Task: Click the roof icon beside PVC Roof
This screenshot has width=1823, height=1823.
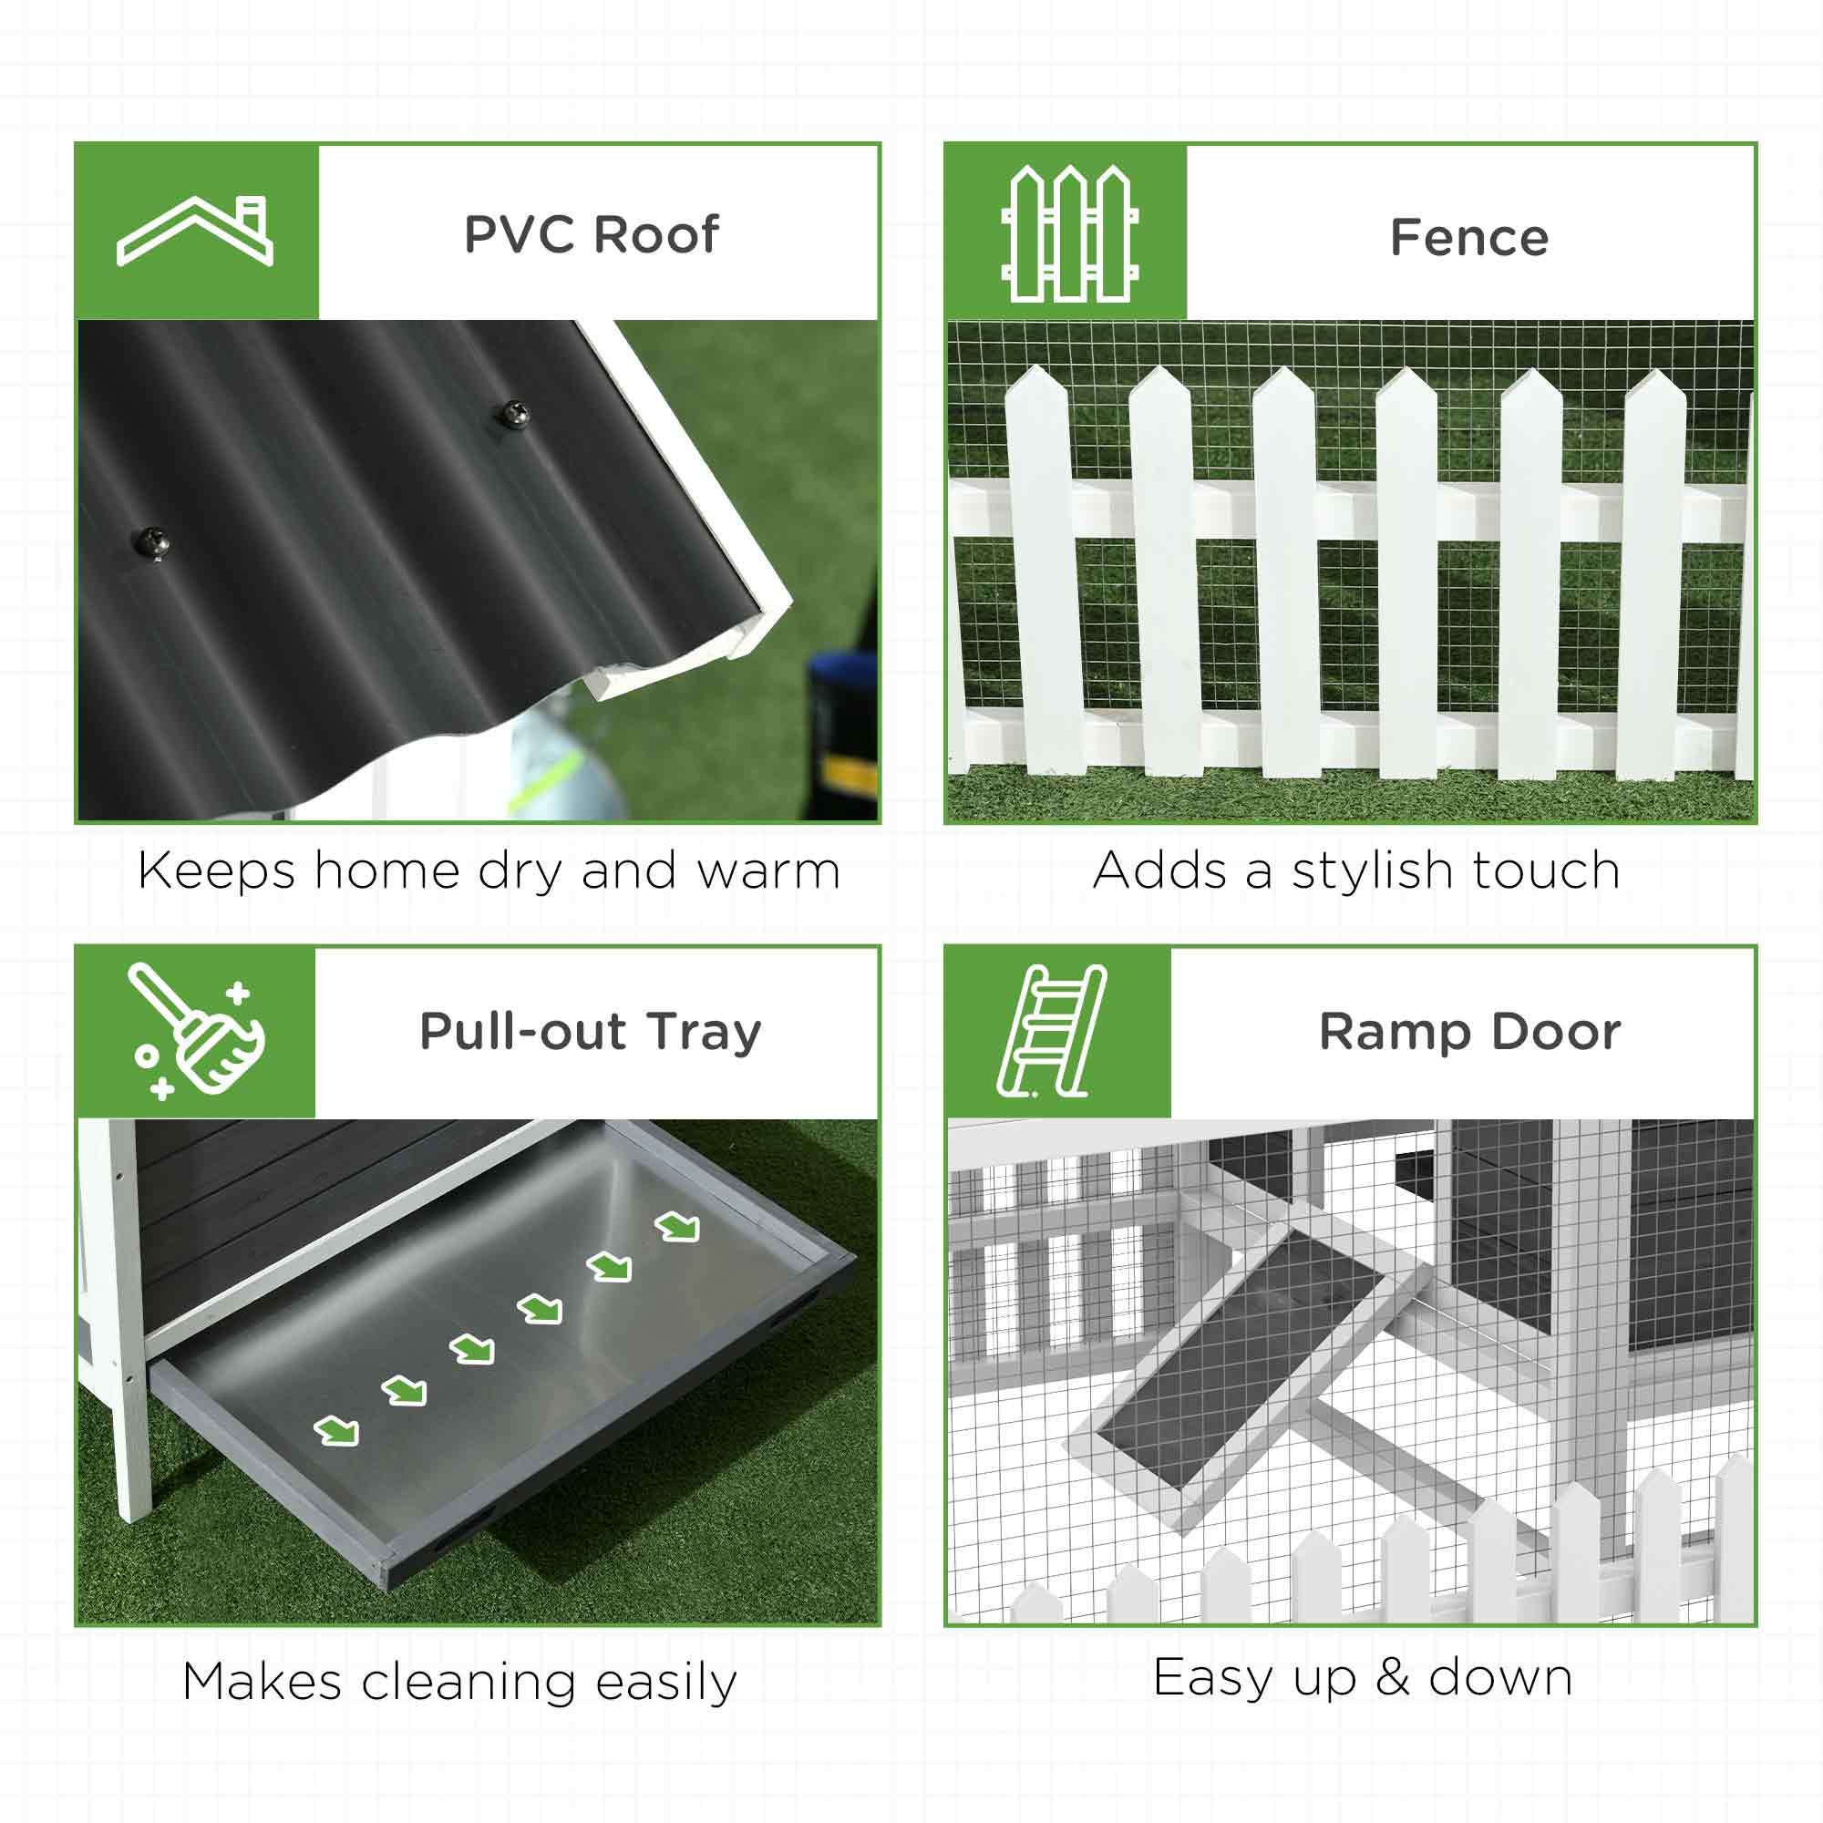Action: coord(195,232)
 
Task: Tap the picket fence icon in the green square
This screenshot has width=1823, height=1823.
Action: coord(1069,233)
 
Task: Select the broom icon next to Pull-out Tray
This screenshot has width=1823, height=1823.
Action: coord(196,1031)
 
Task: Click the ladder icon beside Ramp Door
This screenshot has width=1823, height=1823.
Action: coord(1051,1031)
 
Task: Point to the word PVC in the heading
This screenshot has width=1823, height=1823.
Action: coord(520,234)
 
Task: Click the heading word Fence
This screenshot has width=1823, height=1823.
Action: coord(1469,237)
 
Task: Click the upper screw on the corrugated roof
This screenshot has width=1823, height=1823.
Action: coord(514,411)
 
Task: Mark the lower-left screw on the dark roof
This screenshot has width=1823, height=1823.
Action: coord(152,542)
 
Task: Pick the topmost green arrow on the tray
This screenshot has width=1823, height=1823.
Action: coord(678,1227)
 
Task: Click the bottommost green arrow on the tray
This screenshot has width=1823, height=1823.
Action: coord(337,1457)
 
